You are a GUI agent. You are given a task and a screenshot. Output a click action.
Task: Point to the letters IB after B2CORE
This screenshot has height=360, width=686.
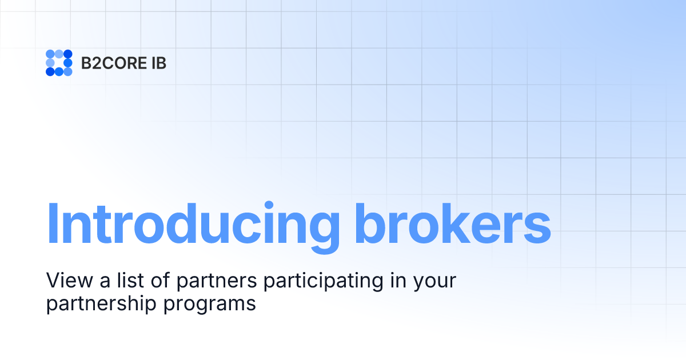tap(159, 63)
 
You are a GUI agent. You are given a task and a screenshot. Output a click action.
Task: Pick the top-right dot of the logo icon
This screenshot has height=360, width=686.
tap(68, 54)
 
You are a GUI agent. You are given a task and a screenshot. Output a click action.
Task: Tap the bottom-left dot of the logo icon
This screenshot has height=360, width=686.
tap(50, 71)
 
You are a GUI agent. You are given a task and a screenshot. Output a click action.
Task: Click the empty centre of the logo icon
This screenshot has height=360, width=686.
tap(59, 63)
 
